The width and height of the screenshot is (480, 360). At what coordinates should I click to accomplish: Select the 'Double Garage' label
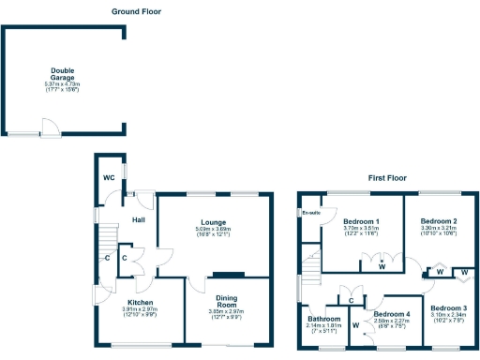pyautogui.click(x=63, y=73)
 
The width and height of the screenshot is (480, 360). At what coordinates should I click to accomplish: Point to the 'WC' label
pyautogui.click(x=109, y=177)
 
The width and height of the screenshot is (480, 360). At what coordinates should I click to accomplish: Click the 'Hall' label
pyautogui.click(x=139, y=219)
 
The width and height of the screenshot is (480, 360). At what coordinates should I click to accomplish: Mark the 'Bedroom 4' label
pyautogui.click(x=392, y=314)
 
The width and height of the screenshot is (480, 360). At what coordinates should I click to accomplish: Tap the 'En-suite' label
pyautogui.click(x=310, y=214)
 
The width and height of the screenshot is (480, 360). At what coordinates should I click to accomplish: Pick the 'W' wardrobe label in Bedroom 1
pyautogui.click(x=382, y=266)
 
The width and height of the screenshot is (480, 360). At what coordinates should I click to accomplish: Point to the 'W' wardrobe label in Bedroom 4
pyautogui.click(x=356, y=326)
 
